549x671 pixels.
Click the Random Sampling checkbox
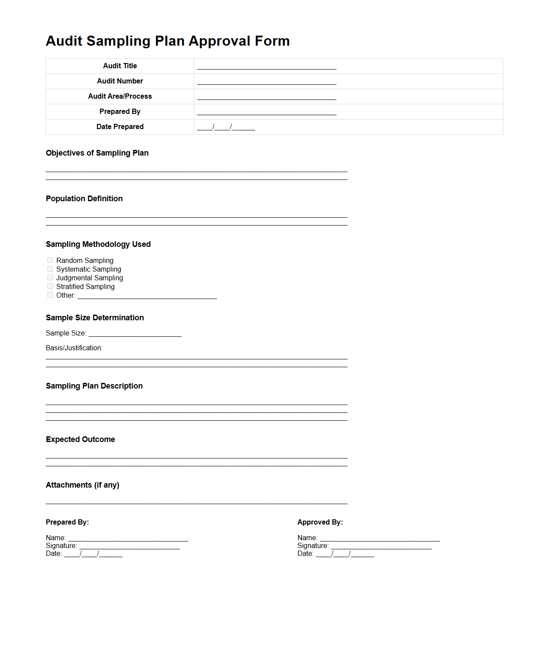coord(50,260)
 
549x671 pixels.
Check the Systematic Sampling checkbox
coord(50,269)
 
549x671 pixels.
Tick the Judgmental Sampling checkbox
coord(50,278)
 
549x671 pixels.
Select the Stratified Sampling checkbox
coord(50,286)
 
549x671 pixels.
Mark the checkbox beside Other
coord(50,295)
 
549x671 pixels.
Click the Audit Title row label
coord(120,66)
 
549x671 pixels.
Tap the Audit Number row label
coord(120,81)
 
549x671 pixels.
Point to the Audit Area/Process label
coord(120,96)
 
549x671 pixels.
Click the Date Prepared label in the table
coord(120,127)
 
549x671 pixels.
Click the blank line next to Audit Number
coord(266,82)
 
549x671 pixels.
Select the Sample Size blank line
coord(135,334)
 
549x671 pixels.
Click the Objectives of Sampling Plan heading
coord(97,153)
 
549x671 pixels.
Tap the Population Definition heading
coord(84,199)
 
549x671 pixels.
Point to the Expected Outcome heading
coord(80,439)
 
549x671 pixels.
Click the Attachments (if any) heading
coord(82,485)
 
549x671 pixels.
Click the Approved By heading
coord(320,522)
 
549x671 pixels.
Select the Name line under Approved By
coord(379,538)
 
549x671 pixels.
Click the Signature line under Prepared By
coord(130,546)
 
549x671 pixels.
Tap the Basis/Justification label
coord(74,348)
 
